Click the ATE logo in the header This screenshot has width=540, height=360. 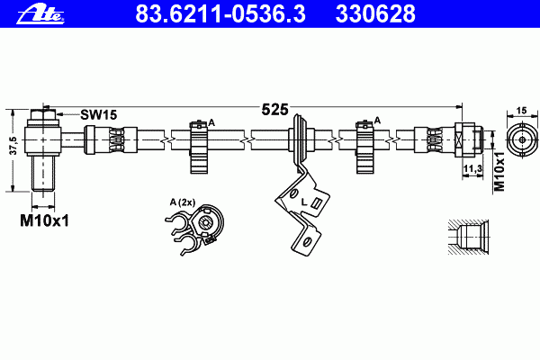pos(40,14)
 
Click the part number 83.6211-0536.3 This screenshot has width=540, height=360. pos(220,13)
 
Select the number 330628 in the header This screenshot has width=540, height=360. pos(375,13)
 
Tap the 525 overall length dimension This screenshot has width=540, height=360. pos(274,110)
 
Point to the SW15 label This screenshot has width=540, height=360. pos(98,114)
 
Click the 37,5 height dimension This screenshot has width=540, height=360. pos(13,146)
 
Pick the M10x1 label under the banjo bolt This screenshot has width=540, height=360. pos(44,220)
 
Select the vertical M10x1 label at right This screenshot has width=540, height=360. pos(499,171)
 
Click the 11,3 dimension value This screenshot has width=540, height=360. pos(472,168)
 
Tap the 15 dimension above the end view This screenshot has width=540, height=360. pos(522,111)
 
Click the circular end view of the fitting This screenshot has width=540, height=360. pos(522,139)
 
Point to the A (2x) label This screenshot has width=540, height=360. pos(183,202)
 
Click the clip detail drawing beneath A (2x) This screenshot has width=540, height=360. pos(194,229)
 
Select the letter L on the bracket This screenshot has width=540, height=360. pos(304,202)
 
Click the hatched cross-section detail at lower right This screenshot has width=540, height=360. pos(468,237)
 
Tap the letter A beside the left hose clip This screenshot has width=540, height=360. pos(211,122)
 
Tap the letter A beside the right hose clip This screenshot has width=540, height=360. pos(377,121)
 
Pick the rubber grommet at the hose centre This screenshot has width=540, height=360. pos(301,139)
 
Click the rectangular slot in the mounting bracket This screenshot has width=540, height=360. pos(316,203)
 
